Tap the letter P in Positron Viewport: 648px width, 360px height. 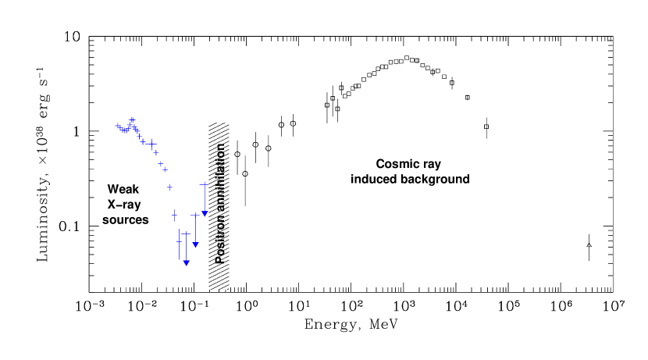(x=220, y=259)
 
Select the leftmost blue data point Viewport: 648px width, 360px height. (x=118, y=126)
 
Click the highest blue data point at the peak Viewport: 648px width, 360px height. (x=132, y=119)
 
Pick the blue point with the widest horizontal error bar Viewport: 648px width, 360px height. (x=151, y=144)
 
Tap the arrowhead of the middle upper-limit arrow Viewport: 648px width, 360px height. (x=195, y=244)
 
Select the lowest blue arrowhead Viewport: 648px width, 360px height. (x=186, y=263)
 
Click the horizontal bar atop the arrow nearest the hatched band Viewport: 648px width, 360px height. (x=205, y=184)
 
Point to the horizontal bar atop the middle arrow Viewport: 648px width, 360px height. (x=195, y=214)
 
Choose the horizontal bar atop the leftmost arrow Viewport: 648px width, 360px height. (x=186, y=233)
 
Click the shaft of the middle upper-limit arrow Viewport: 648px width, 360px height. (x=195, y=228)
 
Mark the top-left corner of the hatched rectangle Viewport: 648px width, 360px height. (x=208, y=122)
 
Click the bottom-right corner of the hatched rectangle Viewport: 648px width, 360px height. (x=229, y=289)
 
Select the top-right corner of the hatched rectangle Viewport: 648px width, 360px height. (x=229, y=122)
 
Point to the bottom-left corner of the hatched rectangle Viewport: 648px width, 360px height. (x=208, y=289)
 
